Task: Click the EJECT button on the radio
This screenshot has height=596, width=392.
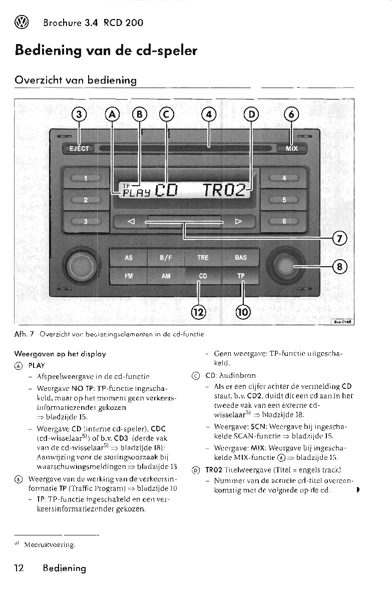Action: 79,149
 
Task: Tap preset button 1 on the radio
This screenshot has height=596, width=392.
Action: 85,178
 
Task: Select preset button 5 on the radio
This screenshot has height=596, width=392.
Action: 284,200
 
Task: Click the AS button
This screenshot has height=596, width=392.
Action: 129,258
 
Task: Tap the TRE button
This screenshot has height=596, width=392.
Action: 203,258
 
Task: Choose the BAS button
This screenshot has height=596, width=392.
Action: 241,258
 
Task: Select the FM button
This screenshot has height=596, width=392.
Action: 129,276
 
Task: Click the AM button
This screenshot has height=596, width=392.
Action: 166,276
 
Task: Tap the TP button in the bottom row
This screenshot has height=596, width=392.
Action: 241,276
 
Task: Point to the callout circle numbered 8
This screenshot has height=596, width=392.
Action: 340,267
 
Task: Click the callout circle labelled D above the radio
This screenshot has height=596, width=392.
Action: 251,115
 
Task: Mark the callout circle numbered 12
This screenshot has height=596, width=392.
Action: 199,312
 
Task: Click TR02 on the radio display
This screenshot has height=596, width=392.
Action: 224,190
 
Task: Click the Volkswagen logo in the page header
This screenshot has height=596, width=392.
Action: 22,23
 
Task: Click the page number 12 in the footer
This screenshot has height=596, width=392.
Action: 19,568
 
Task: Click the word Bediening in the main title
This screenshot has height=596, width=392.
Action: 45,51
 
